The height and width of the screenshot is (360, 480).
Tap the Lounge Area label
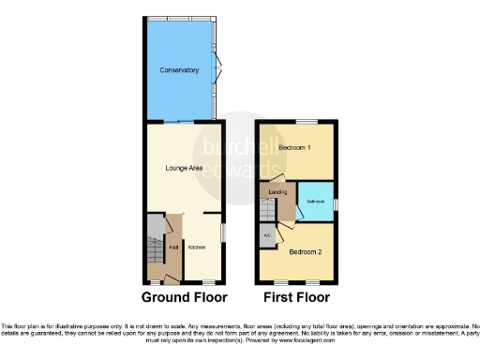pos(184,168)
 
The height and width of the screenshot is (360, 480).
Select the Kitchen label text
pos(197,247)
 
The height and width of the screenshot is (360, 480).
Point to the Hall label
pos(172,247)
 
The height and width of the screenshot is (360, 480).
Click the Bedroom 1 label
pos(295,148)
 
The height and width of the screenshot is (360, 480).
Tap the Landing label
pos(277,192)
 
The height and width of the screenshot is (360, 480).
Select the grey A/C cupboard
pos(267,235)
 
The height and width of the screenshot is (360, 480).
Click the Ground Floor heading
pos(185,298)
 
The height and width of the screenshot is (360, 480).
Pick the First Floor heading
pos(295,298)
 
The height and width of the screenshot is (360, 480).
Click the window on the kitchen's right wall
pos(222,231)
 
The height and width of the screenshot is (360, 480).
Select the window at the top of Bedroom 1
pos(304,121)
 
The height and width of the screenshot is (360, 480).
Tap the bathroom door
pos(299,214)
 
